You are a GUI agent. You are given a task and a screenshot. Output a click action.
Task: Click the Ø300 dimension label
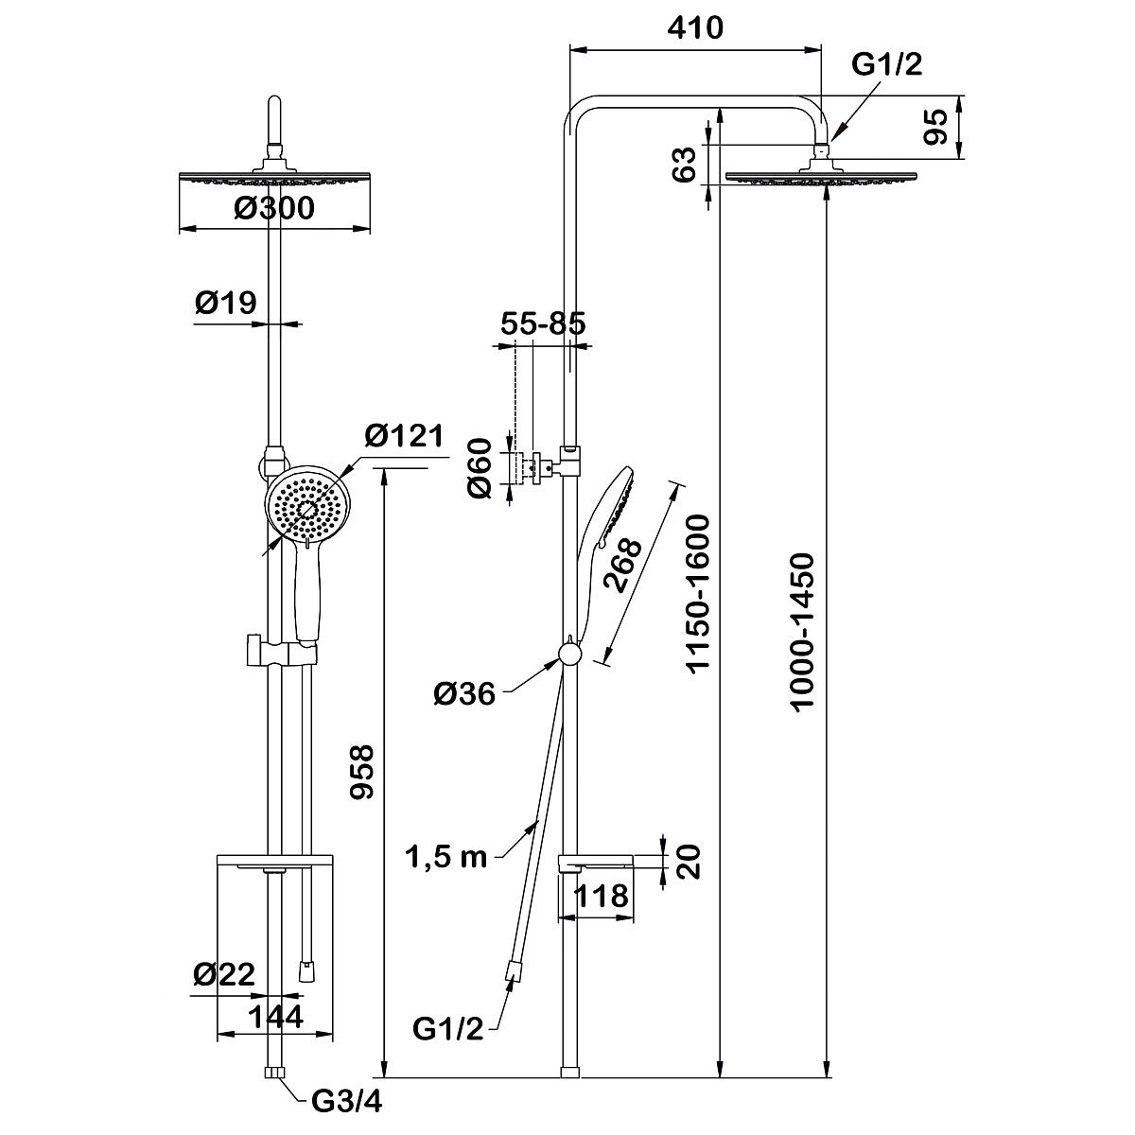[274, 208]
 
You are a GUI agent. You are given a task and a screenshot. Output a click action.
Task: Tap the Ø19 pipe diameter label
[226, 303]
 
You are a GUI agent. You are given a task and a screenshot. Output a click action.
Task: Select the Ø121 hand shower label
[404, 436]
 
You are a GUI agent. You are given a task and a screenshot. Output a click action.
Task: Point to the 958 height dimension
[363, 772]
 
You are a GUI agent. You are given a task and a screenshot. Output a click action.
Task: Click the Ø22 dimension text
[224, 975]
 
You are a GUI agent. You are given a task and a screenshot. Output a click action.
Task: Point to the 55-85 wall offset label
[543, 323]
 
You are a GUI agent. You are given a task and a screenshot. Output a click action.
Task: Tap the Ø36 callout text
[464, 695]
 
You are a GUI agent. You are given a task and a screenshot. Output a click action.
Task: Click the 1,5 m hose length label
[445, 857]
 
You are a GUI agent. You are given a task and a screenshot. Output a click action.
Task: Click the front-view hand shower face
[308, 508]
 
